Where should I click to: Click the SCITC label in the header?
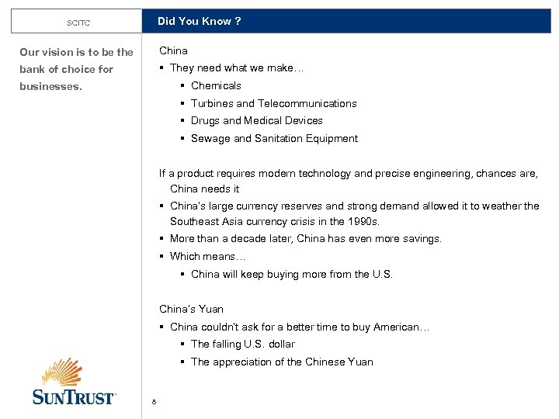78,23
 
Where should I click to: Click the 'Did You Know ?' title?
199,21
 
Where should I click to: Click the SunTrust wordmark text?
74,397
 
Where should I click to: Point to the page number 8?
155,401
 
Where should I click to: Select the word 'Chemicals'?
216,85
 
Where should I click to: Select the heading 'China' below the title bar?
173,50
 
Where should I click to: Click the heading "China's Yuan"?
191,309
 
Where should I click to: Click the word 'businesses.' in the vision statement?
50,86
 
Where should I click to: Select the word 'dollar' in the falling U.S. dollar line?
281,344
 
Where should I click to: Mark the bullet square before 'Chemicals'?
182,85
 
